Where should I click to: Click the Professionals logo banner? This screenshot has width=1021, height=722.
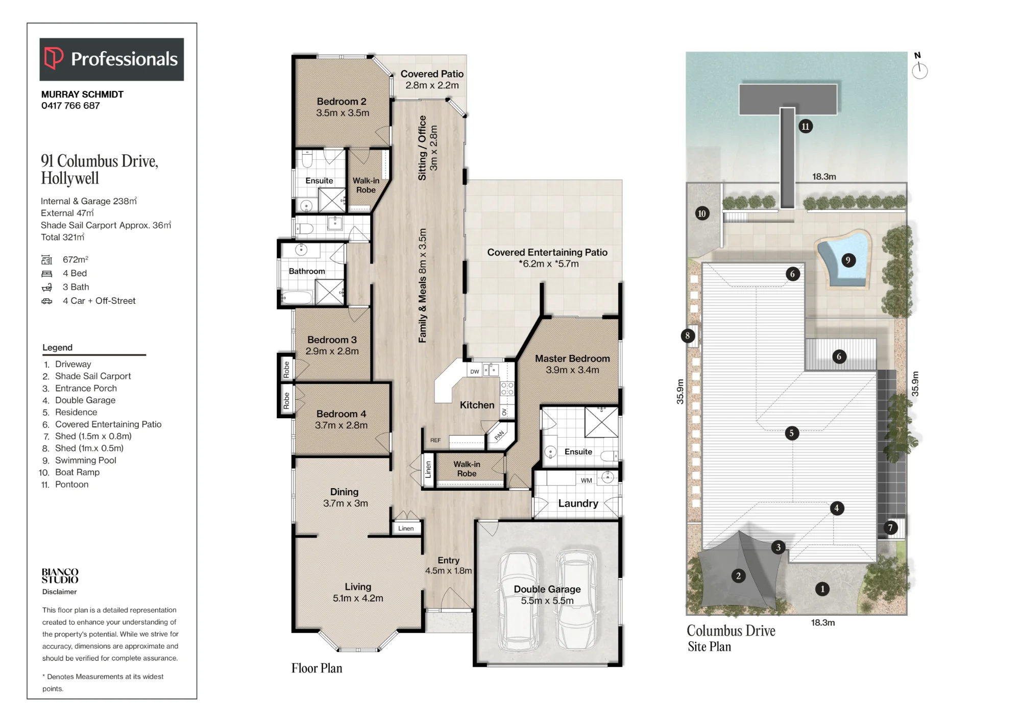[x=111, y=59]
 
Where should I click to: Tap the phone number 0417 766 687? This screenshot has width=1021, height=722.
[x=70, y=106]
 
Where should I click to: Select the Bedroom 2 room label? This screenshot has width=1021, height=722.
[x=342, y=102]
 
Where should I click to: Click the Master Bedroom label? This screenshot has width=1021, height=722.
[x=572, y=358]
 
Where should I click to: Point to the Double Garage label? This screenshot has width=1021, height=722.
[x=547, y=589]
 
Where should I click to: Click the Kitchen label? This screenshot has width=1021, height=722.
[x=477, y=405]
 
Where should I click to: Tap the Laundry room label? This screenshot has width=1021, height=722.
[x=578, y=503]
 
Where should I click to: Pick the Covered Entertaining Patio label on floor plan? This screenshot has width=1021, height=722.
[x=547, y=252]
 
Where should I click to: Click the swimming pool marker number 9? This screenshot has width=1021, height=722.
[x=848, y=260]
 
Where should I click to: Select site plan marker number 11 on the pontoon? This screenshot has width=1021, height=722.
[x=806, y=127]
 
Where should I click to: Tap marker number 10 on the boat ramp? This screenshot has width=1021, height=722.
[x=702, y=213]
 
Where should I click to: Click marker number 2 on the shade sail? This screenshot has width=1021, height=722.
[x=738, y=576]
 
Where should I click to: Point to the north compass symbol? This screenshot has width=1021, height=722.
[x=919, y=67]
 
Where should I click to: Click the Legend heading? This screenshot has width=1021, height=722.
[x=57, y=348]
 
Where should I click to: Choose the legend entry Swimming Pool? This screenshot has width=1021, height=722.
[x=86, y=461]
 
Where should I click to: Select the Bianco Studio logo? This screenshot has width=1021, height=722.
[x=60, y=576]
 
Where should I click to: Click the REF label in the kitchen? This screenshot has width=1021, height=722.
[x=435, y=440]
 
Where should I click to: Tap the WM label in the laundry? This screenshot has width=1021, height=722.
[x=587, y=480]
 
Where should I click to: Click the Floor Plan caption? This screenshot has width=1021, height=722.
[x=317, y=668]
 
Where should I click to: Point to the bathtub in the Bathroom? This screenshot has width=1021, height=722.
[x=297, y=297]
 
